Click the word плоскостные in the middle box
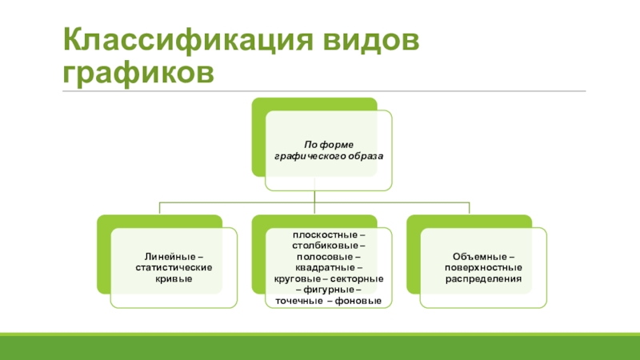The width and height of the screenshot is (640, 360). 318,234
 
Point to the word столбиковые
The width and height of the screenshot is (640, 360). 319,246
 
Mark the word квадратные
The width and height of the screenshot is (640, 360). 319,267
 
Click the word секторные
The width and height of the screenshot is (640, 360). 357,278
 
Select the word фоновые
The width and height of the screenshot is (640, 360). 360,300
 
